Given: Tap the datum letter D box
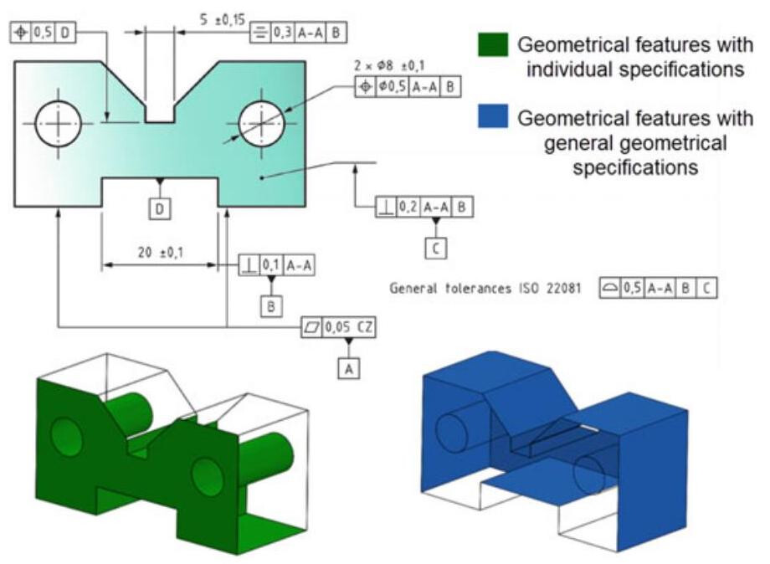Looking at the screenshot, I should (x=159, y=208).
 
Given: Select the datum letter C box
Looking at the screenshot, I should (x=434, y=247).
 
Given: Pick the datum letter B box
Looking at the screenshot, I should (x=271, y=306).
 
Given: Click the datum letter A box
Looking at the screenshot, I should (x=351, y=366).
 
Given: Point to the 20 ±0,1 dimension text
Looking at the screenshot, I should (x=157, y=252).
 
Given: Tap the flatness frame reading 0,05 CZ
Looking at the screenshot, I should (x=339, y=327).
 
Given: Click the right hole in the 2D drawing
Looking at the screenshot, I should (x=262, y=123).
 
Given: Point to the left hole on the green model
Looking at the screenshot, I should (x=66, y=437).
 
